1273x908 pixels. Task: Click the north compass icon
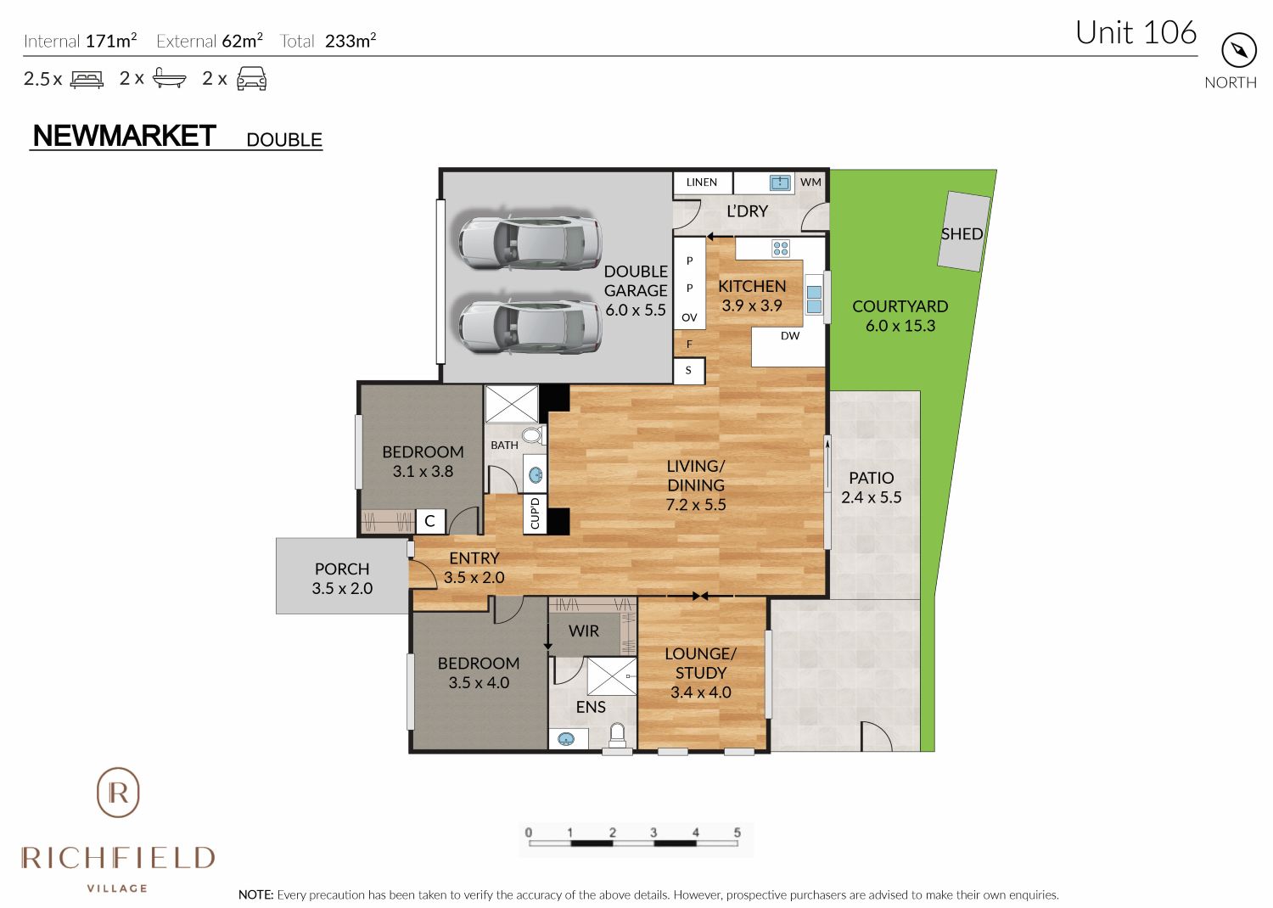click(1238, 51)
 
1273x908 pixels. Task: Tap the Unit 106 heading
click(1136, 32)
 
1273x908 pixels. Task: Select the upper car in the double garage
click(530, 243)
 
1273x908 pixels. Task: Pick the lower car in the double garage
click(530, 326)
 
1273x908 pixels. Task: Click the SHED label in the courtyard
click(962, 234)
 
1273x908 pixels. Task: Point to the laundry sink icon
click(780, 182)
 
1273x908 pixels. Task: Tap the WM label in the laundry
click(810, 182)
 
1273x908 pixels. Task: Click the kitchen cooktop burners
click(780, 249)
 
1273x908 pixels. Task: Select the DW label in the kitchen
click(790, 336)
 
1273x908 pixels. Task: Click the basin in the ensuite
click(566, 738)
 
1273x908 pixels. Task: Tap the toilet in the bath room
click(532, 436)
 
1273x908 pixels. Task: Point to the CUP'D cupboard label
click(535, 513)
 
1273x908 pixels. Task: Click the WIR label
click(584, 631)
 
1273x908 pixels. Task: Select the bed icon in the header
click(87, 79)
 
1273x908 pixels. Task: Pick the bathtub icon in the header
click(170, 78)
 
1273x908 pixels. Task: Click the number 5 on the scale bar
click(737, 832)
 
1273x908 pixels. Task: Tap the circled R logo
click(118, 793)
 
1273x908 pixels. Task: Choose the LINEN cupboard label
click(701, 182)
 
